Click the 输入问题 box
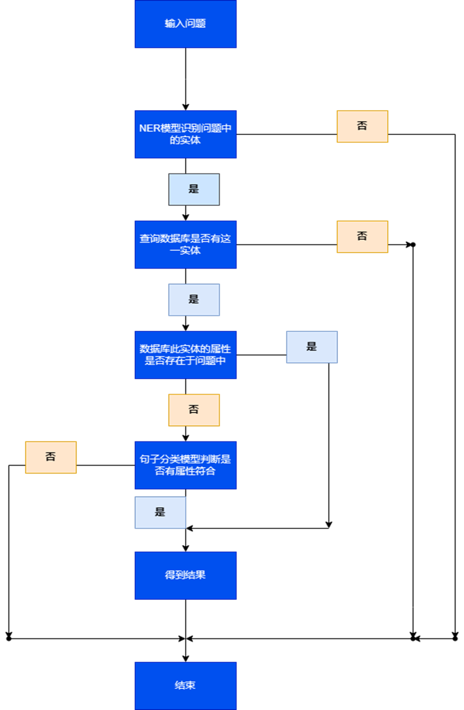point(186,24)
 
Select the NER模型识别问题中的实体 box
point(186,134)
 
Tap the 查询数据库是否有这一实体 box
point(186,244)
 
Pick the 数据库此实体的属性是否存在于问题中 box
point(186,355)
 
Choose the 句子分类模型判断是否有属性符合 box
point(186,465)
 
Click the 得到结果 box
point(186,575)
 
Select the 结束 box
point(186,685)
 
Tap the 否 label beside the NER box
point(362,126)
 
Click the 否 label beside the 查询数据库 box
point(362,236)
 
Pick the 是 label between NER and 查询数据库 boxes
point(194,189)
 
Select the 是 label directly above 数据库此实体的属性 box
point(194,300)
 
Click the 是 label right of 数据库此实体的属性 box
point(312,347)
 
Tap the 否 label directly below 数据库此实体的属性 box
point(194,410)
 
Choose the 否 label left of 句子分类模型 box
point(51,457)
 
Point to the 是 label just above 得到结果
point(160,512)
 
